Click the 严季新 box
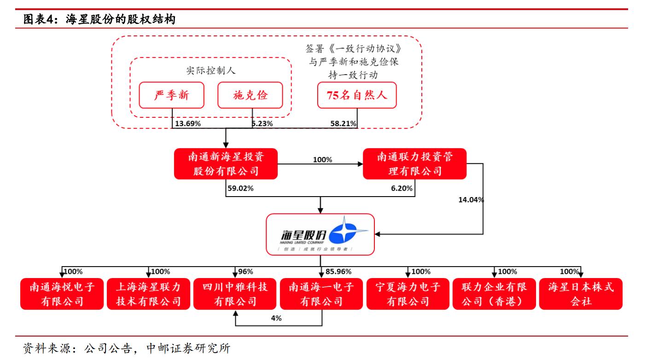[172, 95]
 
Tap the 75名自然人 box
[357, 95]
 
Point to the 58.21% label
[343, 123]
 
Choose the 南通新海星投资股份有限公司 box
[226, 163]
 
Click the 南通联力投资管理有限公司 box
[414, 163]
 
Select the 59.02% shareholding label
[240, 188]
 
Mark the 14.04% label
[471, 200]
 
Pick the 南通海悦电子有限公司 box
[62, 294]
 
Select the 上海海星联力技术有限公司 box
[148, 294]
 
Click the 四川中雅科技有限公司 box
[235, 294]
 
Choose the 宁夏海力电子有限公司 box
[408, 294]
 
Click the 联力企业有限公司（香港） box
[494, 294]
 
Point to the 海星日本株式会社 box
[580, 294]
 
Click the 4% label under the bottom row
[276, 318]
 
